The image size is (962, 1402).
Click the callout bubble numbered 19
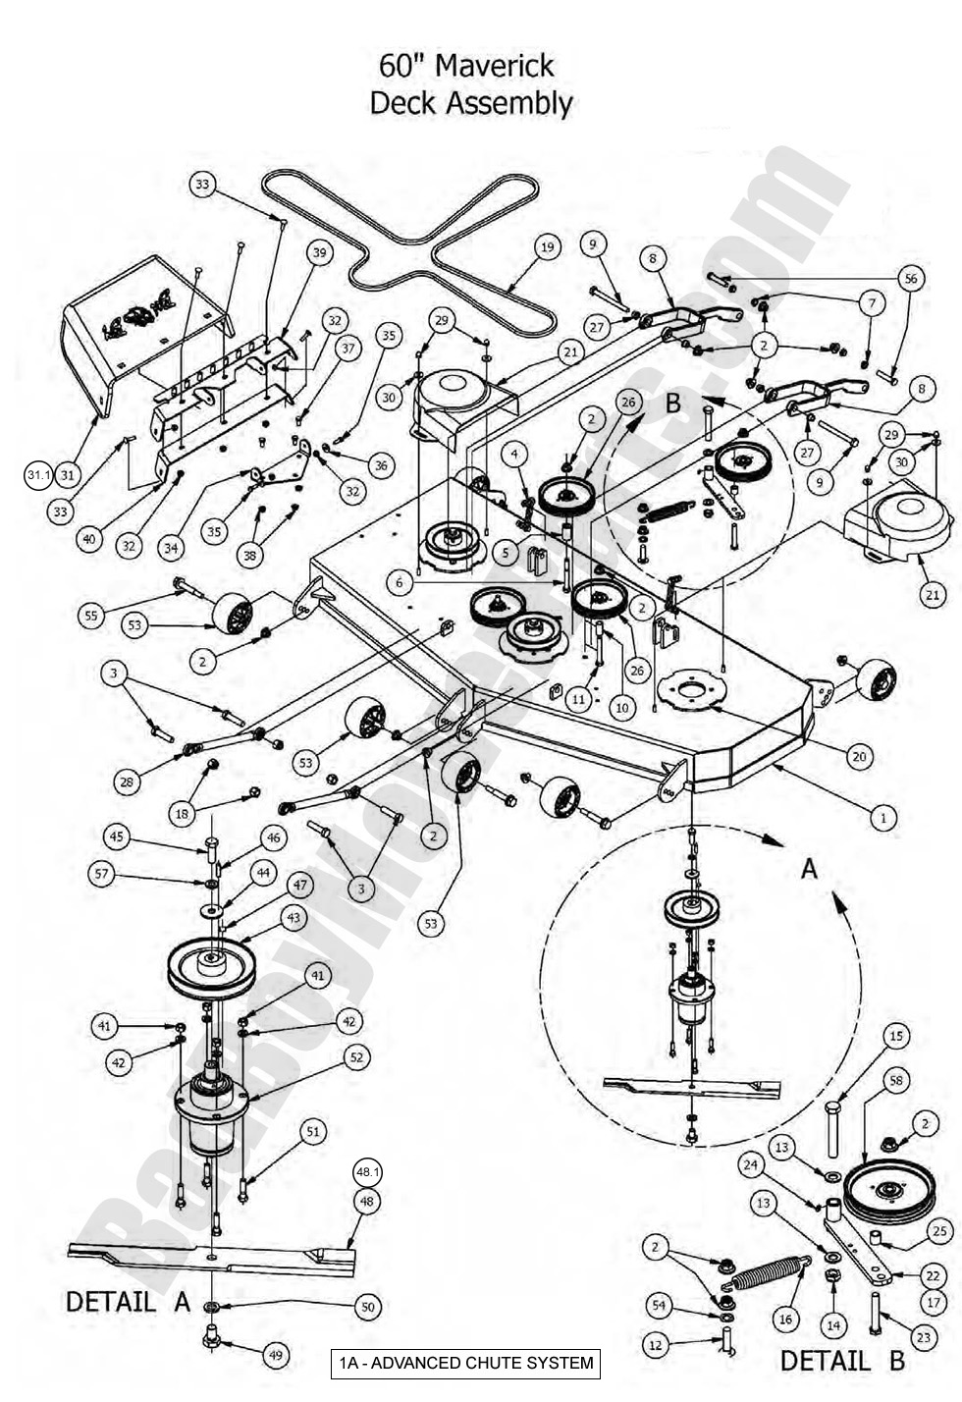coord(547,247)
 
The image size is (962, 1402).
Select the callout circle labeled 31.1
coord(38,475)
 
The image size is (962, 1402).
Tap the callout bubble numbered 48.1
coord(368,1172)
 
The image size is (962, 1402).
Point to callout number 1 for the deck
coord(882,816)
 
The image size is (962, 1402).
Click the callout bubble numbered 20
coord(860,756)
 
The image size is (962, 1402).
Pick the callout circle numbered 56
coord(911,278)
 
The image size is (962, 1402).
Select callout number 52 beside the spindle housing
coord(355,1056)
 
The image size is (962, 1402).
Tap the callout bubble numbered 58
coord(896,1080)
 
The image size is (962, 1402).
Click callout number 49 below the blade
coord(276,1355)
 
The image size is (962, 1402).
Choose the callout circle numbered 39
coord(319,252)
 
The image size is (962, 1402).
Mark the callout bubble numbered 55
coord(92,616)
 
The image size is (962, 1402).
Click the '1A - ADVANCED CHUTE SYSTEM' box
coord(465,1363)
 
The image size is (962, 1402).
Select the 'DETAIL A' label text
coord(128,1302)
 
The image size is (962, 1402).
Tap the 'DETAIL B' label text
coord(842,1361)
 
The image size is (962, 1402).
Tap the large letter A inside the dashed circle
coord(809,868)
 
